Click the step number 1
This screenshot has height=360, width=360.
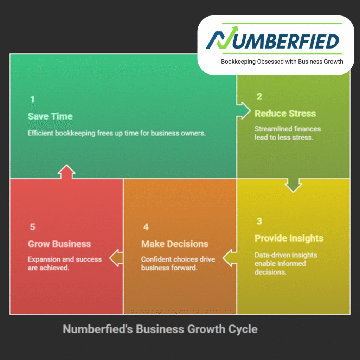[32, 99]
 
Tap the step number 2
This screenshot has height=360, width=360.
[259, 96]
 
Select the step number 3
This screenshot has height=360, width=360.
[259, 221]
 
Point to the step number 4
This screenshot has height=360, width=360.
[146, 227]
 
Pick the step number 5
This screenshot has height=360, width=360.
[33, 227]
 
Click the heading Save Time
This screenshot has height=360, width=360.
[50, 116]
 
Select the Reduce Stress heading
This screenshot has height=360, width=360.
[285, 114]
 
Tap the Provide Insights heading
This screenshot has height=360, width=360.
[289, 238]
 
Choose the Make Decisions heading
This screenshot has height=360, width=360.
[175, 244]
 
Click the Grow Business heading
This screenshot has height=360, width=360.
[59, 244]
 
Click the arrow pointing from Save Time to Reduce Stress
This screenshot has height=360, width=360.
[243, 111]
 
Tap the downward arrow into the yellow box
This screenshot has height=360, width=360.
[293, 185]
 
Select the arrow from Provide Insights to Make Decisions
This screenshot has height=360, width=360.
[230, 258]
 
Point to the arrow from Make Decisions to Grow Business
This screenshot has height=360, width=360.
[116, 258]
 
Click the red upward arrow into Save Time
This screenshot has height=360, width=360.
[66, 172]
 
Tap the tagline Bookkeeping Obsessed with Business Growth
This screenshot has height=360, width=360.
[282, 62]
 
